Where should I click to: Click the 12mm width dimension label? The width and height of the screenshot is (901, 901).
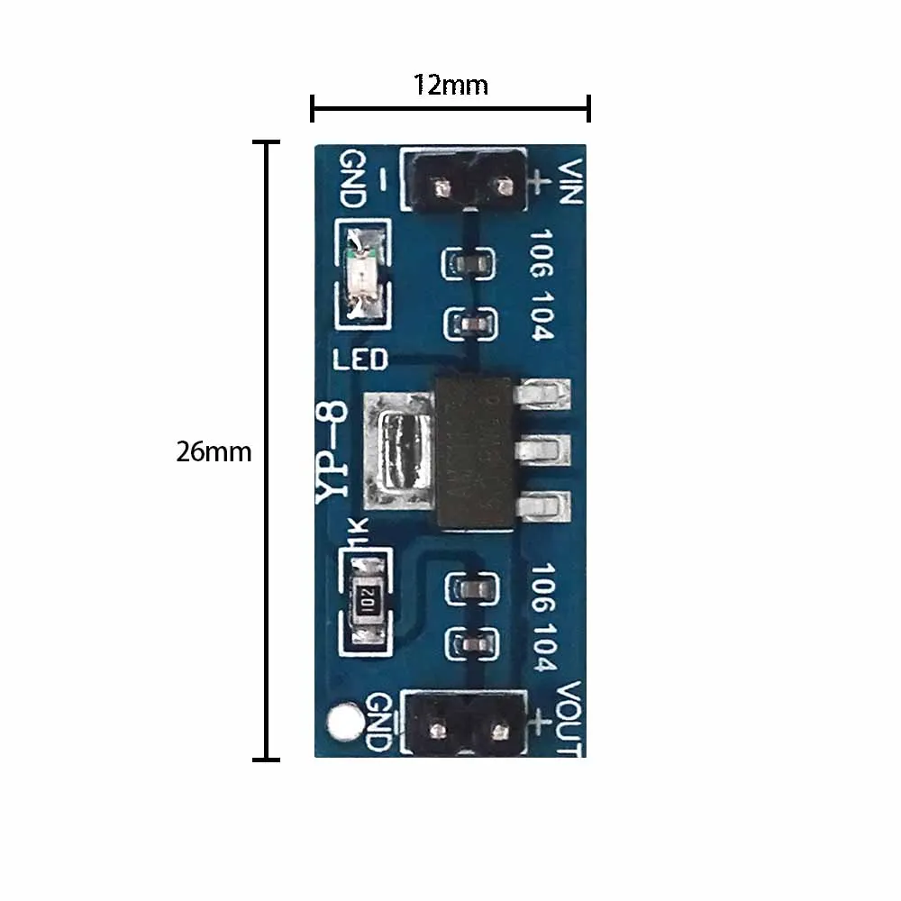[450, 85]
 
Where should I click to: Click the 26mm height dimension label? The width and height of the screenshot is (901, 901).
[214, 451]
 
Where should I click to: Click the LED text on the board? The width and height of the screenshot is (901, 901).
[359, 360]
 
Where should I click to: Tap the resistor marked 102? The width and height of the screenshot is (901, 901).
[364, 596]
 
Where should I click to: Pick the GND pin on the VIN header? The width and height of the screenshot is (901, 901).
[441, 188]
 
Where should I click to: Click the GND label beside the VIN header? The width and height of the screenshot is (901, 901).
[351, 177]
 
